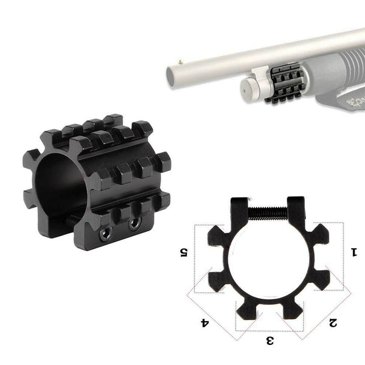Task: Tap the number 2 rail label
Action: click(332, 322)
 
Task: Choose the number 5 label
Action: click(182, 251)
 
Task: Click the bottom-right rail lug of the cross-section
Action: click(290, 310)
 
